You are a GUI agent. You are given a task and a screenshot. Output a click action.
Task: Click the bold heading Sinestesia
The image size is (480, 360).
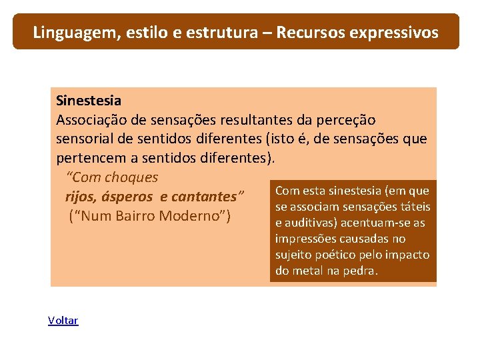click(x=89, y=101)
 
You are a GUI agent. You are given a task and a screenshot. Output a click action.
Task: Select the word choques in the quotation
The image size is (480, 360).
click(x=131, y=177)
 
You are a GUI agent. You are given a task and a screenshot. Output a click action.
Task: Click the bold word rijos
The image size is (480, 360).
click(x=80, y=197)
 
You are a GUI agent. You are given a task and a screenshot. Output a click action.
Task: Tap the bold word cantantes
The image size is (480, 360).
click(x=209, y=197)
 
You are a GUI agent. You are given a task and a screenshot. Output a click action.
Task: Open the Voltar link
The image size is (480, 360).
click(x=63, y=321)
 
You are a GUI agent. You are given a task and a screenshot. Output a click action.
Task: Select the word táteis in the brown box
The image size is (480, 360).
click(x=414, y=207)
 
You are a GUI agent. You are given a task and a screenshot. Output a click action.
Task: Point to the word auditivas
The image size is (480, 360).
click(x=310, y=223)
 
